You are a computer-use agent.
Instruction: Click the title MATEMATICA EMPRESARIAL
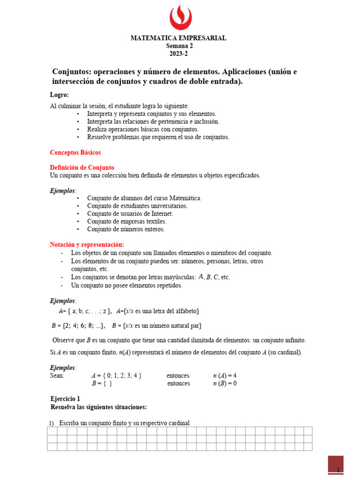coord(178,38)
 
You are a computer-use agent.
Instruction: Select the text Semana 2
coord(179,46)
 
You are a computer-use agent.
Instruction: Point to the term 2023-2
coord(179,53)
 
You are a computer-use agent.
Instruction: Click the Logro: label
coord(60,95)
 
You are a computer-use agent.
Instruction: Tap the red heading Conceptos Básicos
coord(75,152)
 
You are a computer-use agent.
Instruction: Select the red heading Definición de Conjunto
coord(82,167)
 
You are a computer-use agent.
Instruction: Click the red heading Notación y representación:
coord(87,245)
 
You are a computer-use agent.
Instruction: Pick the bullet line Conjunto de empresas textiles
coord(127,221)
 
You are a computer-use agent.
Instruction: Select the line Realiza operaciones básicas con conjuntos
coord(142,129)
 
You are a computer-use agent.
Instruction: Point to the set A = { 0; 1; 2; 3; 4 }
coord(116,375)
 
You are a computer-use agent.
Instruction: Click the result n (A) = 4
coord(225,375)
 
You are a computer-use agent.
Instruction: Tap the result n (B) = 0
coord(225,383)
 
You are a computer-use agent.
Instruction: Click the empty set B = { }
coord(102,383)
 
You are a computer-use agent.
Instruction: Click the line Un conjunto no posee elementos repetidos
coord(127,285)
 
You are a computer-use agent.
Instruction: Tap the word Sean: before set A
coord(57,375)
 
